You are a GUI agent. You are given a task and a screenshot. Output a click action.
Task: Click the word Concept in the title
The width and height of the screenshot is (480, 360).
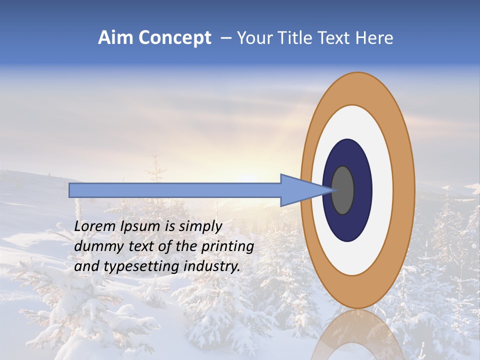point(174,38)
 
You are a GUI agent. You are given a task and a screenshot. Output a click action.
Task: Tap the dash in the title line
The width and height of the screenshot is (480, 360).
point(225,38)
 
